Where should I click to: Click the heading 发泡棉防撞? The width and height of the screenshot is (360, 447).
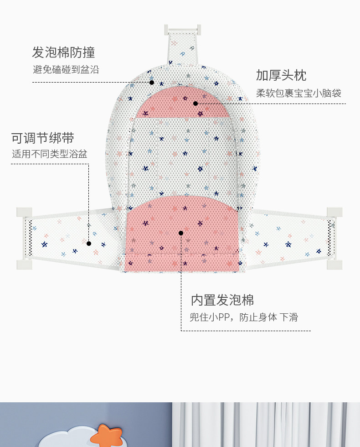(63, 52)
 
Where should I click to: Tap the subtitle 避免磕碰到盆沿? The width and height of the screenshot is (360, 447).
(66, 70)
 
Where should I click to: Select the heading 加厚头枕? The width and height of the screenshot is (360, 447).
(281, 75)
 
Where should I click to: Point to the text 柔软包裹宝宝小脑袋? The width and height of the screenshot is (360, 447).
(298, 94)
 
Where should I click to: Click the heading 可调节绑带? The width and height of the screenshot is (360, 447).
(43, 138)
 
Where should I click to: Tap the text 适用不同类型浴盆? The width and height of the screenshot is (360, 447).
(49, 154)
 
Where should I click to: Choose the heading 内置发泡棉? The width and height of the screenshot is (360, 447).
(222, 300)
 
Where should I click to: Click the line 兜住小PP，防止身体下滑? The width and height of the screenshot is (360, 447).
(244, 317)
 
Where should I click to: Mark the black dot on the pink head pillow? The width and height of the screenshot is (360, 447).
(195, 104)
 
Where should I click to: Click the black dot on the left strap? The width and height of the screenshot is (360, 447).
(89, 244)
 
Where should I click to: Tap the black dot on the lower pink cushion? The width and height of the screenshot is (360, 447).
(181, 233)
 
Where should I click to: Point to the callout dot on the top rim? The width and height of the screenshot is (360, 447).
(152, 83)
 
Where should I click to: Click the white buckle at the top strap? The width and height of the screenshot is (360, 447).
(183, 29)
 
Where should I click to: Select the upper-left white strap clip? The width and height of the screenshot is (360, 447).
(24, 212)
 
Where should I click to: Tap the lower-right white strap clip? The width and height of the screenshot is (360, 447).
(334, 265)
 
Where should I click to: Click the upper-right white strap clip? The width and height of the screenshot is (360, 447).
(334, 212)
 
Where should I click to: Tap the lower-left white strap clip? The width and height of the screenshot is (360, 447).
(24, 265)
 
